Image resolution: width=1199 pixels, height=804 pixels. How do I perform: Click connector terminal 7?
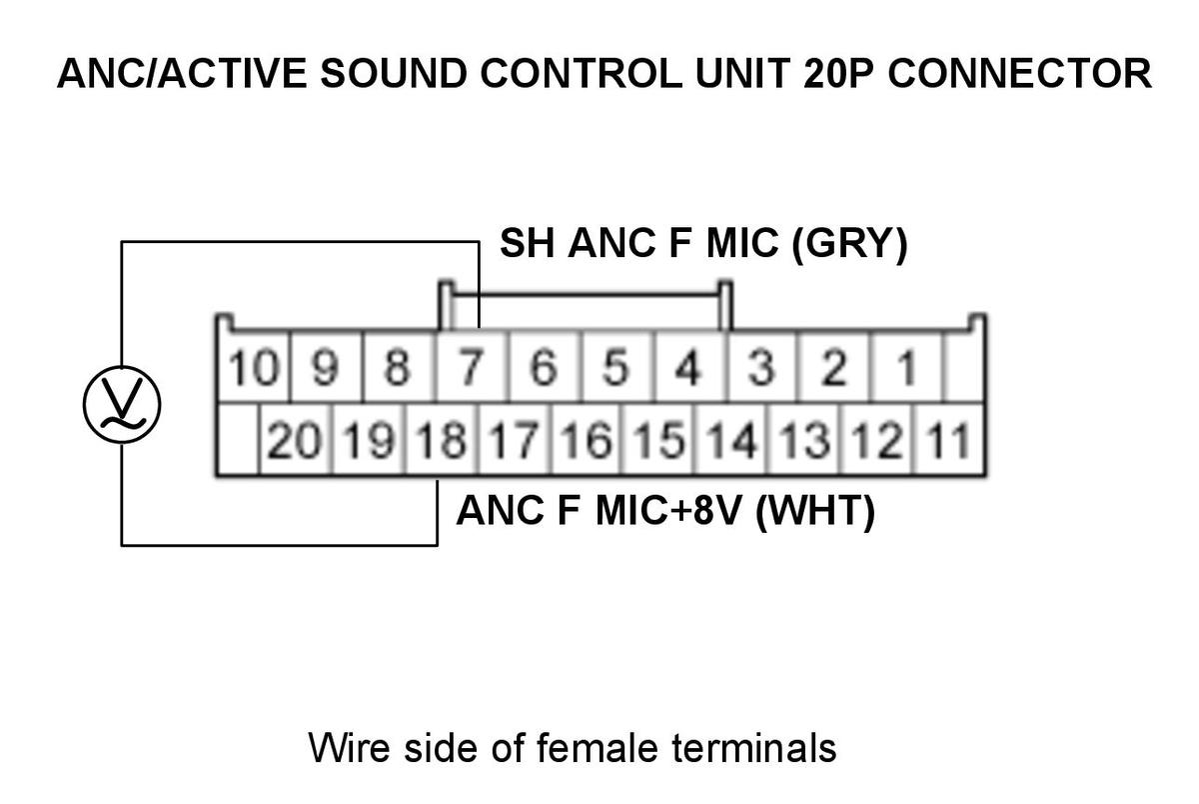pyautogui.click(x=471, y=367)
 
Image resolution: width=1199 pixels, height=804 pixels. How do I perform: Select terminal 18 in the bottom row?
pyautogui.click(x=441, y=440)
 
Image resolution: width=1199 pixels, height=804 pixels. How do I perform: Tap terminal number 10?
pyautogui.click(x=254, y=367)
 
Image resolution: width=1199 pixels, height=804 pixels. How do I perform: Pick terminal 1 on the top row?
pyautogui.click(x=905, y=367)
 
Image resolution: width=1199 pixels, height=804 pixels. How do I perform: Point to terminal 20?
pyautogui.click(x=295, y=440)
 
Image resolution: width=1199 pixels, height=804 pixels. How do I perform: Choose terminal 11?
pyautogui.click(x=948, y=440)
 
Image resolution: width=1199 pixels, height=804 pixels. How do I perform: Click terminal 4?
pyautogui.click(x=688, y=367)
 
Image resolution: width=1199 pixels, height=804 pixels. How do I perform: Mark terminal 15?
pyautogui.click(x=659, y=440)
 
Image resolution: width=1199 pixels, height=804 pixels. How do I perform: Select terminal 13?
pyautogui.click(x=804, y=440)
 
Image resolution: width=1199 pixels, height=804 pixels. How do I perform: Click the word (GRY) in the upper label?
pyautogui.click(x=849, y=244)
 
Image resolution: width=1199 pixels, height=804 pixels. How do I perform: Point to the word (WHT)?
pyautogui.click(x=815, y=511)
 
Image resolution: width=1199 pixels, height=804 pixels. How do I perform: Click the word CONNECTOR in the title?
pyautogui.click(x=1020, y=73)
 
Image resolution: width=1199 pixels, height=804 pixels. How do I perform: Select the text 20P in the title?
pyautogui.click(x=838, y=73)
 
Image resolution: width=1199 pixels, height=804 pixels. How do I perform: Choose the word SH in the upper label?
pyautogui.click(x=527, y=243)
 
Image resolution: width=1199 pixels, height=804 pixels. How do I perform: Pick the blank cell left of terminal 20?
pyautogui.click(x=238, y=440)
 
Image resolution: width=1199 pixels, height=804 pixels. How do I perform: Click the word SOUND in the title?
pyautogui.click(x=394, y=73)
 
